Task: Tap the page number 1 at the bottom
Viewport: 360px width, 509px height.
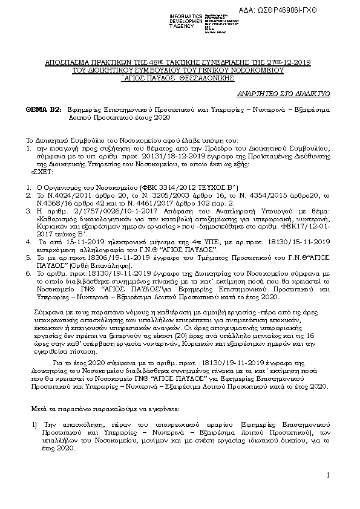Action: tap(326, 477)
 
